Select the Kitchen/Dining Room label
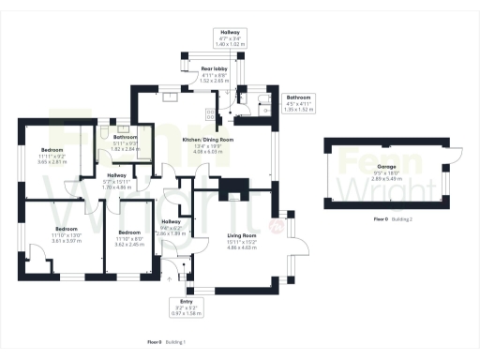tap(207, 144)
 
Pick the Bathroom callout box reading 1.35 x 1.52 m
tap(299, 103)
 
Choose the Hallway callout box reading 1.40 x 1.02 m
tap(229, 37)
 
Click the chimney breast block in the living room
tap(227, 193)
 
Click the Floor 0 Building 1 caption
tap(167, 342)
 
